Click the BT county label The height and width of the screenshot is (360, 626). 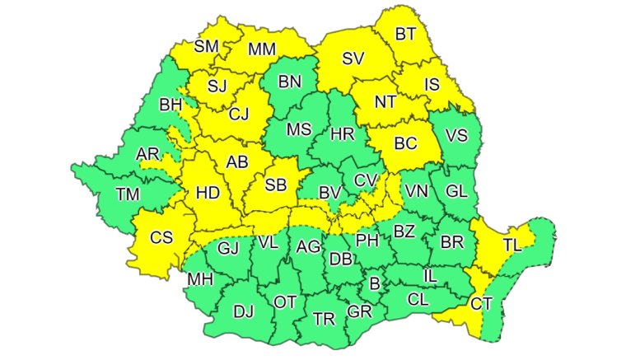[x=405, y=35]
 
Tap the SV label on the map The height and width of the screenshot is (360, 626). [x=353, y=58]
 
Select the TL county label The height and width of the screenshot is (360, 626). [x=512, y=245]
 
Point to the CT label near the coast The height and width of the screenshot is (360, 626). [x=482, y=303]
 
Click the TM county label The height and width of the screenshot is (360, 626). [x=128, y=194]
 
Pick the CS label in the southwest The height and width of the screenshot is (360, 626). [x=161, y=237]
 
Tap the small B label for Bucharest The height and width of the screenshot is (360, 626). [x=375, y=284]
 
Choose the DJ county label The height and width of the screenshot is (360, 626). [x=244, y=311]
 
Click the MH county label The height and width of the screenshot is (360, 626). [x=200, y=279]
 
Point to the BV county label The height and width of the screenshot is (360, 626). [x=330, y=193]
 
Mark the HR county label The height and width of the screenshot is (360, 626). [x=341, y=133]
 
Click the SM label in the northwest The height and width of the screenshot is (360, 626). [x=207, y=46]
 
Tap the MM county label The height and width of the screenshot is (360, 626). [x=261, y=49]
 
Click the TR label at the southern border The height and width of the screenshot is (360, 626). [x=322, y=319]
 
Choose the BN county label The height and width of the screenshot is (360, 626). [x=291, y=82]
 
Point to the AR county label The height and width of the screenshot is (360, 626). [x=147, y=154]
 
